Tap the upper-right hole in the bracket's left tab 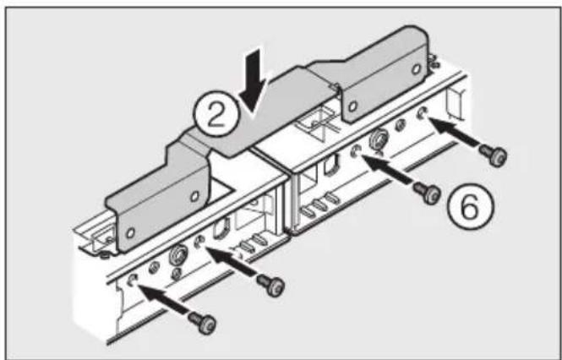[194, 196]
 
